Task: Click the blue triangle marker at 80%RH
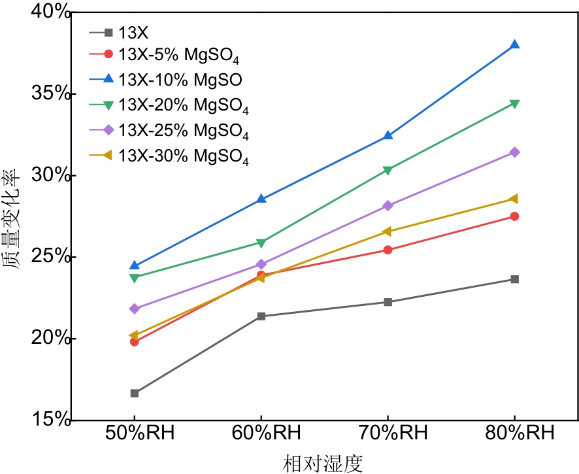click(x=514, y=45)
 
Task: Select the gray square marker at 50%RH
click(x=135, y=393)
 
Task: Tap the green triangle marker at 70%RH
click(x=388, y=170)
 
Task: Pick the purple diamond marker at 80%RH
click(x=514, y=152)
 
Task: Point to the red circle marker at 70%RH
click(x=388, y=250)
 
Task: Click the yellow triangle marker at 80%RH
click(x=514, y=199)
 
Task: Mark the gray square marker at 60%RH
click(x=261, y=316)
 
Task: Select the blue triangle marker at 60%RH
click(x=261, y=199)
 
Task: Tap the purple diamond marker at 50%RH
click(x=135, y=309)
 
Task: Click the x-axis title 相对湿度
click(x=323, y=462)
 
